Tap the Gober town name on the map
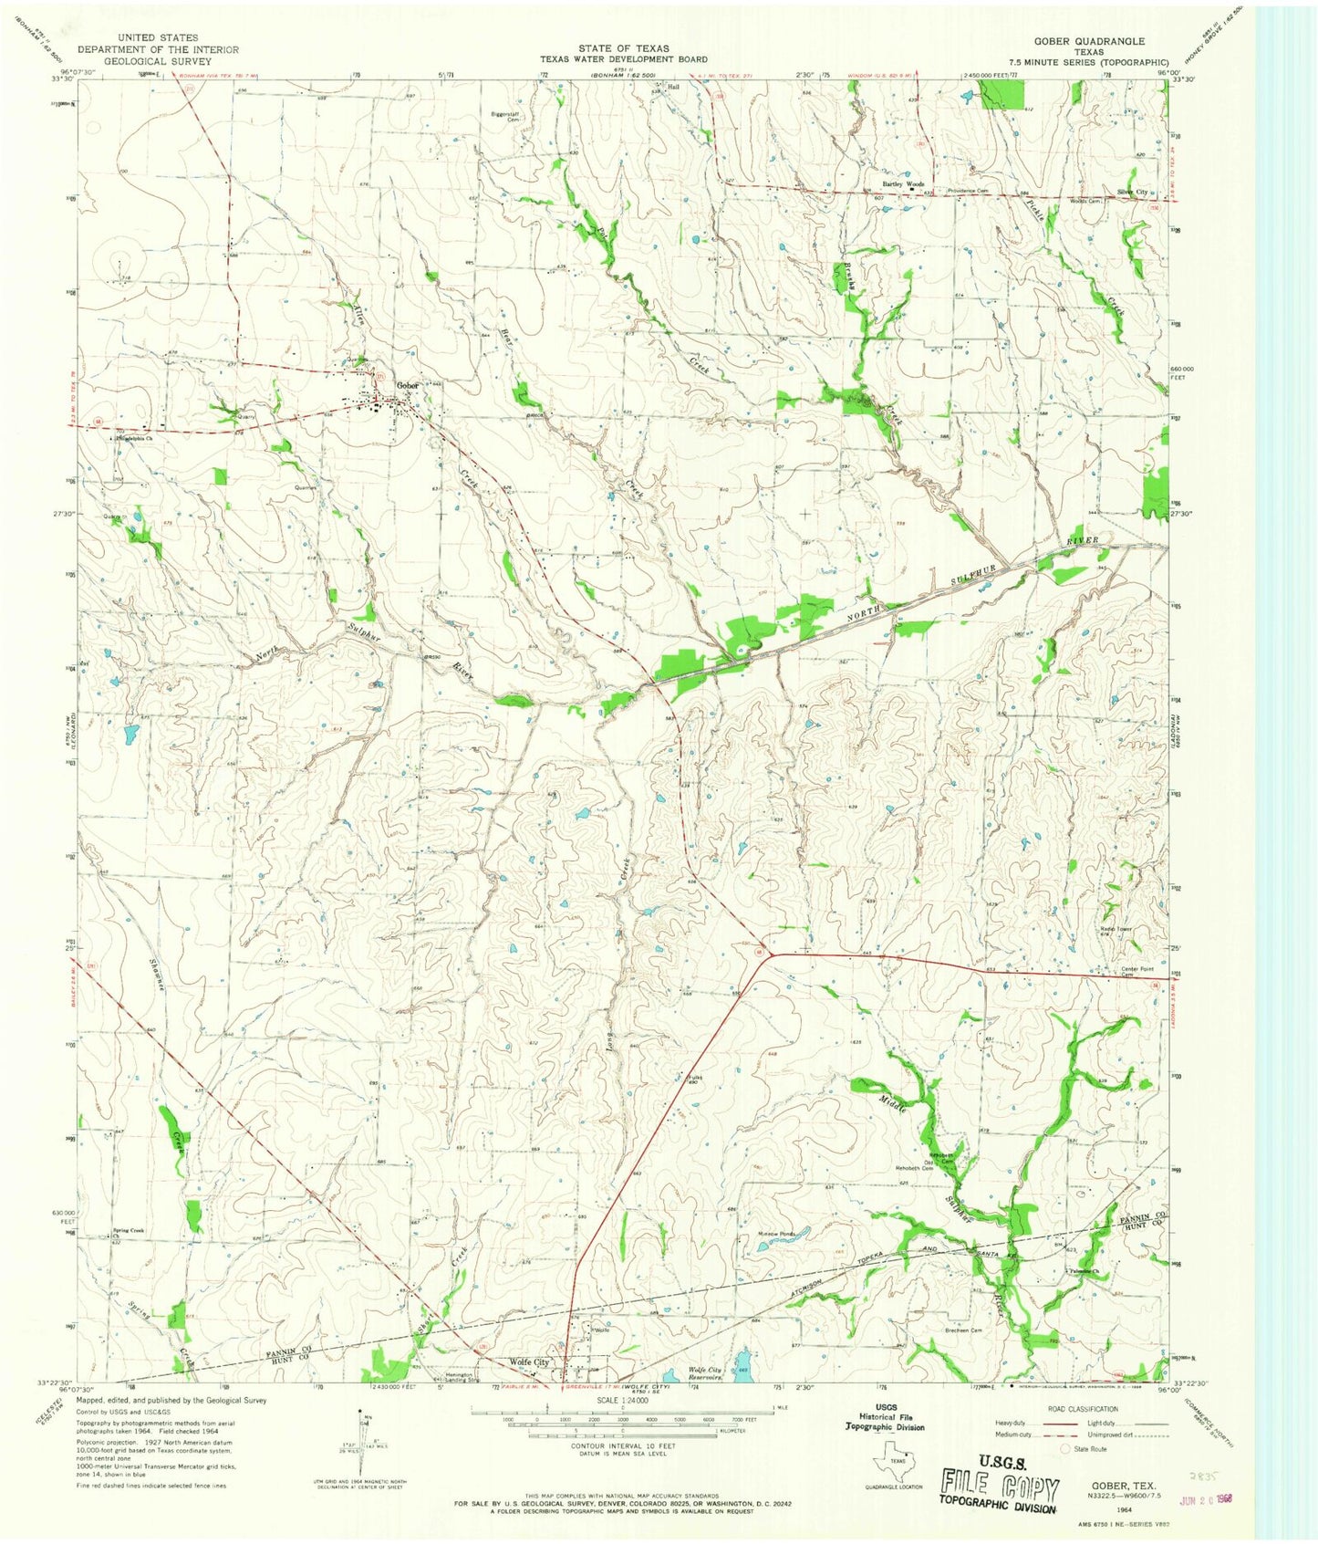pos(407,386)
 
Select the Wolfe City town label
pos(529,1362)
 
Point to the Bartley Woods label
pos(902,184)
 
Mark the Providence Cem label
pos(967,191)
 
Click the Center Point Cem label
pos(1138,971)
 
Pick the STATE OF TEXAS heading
pos(623,48)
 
